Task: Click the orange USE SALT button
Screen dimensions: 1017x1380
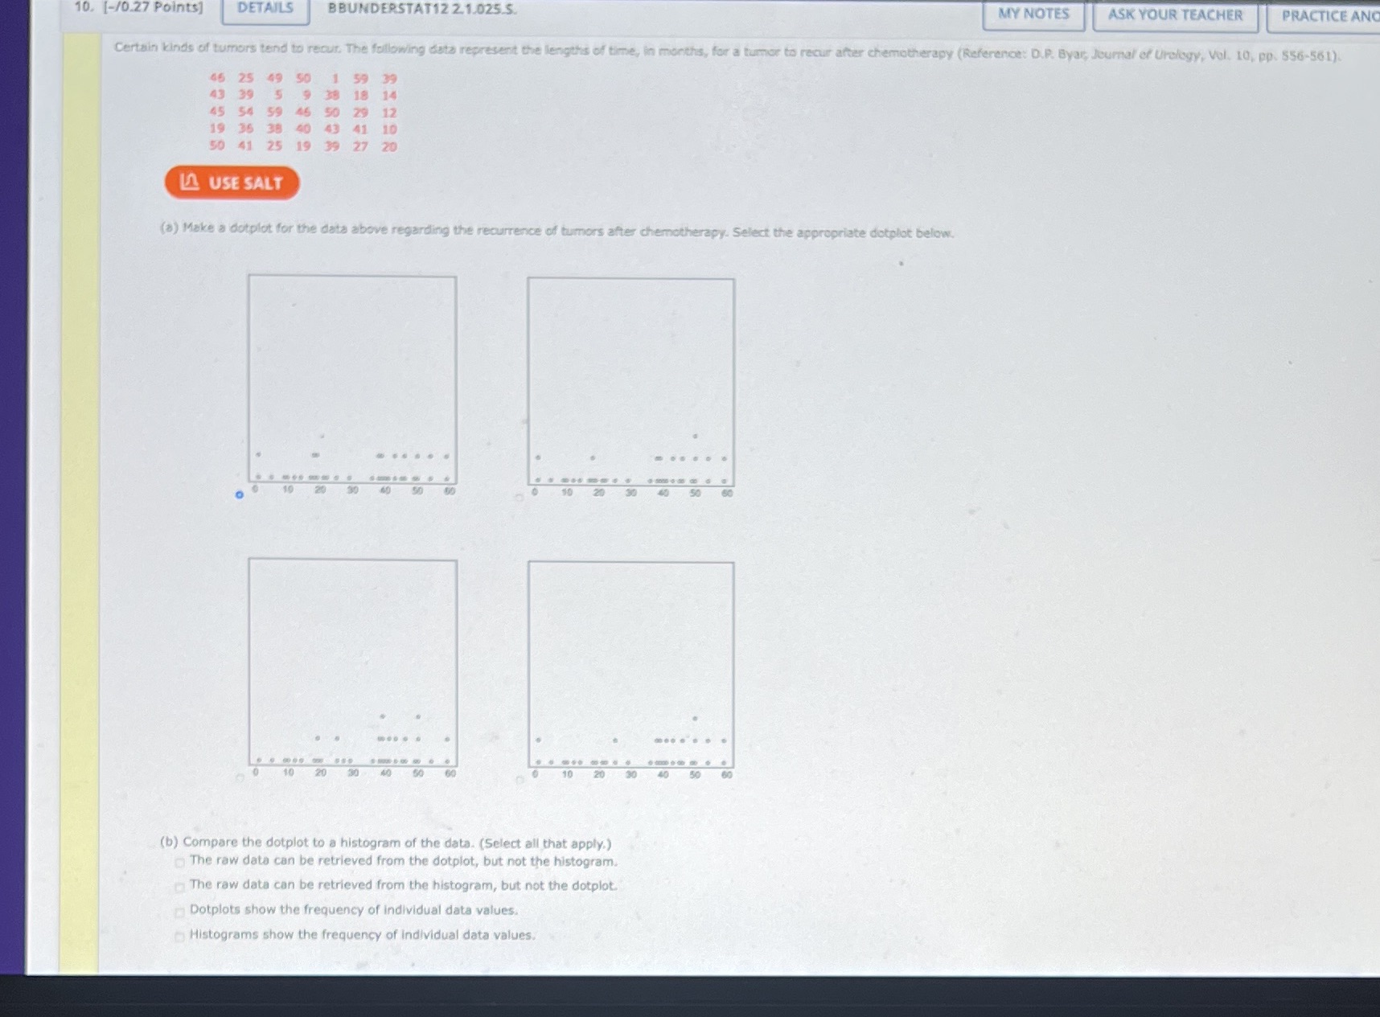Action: click(232, 182)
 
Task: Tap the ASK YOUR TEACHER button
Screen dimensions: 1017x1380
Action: click(1174, 15)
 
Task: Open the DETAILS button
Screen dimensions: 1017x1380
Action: click(265, 8)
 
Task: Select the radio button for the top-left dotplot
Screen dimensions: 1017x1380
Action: click(239, 494)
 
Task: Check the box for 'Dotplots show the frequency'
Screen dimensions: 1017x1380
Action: click(180, 912)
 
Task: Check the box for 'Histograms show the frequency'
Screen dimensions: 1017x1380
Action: click(180, 937)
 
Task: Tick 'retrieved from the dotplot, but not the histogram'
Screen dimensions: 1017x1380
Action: click(180, 863)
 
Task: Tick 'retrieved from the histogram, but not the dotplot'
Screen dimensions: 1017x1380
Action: click(180, 888)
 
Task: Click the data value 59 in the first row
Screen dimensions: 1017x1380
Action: click(360, 79)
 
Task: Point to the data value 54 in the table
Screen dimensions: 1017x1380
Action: click(245, 112)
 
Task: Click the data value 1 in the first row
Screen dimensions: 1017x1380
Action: click(335, 79)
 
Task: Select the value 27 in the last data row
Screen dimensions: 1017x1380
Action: click(360, 146)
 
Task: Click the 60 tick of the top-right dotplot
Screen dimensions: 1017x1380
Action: click(727, 493)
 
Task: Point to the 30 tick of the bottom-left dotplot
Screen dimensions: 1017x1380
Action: click(352, 773)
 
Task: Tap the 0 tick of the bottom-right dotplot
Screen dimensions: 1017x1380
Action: click(535, 774)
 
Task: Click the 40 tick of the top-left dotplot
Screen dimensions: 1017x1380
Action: click(385, 490)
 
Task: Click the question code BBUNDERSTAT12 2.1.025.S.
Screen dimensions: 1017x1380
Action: click(421, 9)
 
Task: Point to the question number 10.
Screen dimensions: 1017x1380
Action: click(82, 7)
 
